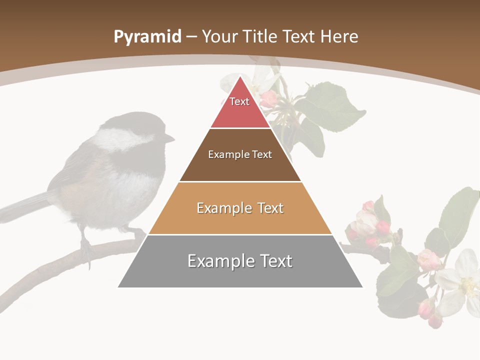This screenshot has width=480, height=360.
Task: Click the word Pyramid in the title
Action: pyautogui.click(x=147, y=37)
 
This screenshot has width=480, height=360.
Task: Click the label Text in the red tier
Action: pyautogui.click(x=239, y=101)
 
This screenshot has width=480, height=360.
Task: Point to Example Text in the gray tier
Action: pyautogui.click(x=240, y=261)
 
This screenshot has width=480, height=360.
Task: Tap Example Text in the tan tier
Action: pyautogui.click(x=240, y=208)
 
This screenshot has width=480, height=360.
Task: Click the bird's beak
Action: pyautogui.click(x=169, y=138)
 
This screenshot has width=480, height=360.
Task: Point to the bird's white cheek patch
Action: pyautogui.click(x=120, y=140)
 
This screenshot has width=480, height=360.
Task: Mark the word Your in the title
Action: pyautogui.click(x=219, y=36)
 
